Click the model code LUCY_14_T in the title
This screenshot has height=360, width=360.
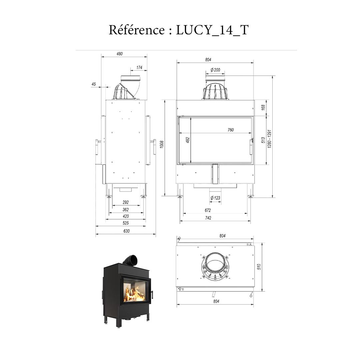[x=212, y=30]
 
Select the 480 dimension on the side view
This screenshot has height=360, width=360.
[x=119, y=54]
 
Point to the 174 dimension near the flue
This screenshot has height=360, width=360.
[x=139, y=68]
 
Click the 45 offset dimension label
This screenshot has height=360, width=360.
[x=94, y=84]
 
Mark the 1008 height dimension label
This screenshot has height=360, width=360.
[x=162, y=144]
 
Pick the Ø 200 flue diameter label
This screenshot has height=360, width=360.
[x=215, y=70]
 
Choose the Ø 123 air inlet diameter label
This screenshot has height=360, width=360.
[x=215, y=198]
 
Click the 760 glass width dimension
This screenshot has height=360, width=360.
[x=230, y=130]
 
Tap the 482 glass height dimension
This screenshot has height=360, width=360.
[x=188, y=140]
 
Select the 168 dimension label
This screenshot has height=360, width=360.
[x=263, y=107]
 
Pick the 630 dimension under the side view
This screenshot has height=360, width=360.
[x=126, y=231]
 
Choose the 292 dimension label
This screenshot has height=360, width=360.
[x=126, y=202]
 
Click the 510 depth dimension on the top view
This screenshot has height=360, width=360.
[x=259, y=266]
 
